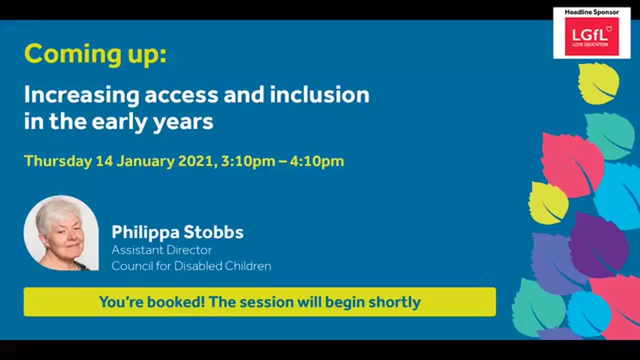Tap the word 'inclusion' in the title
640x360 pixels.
click(319, 94)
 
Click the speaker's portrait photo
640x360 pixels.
click(61, 233)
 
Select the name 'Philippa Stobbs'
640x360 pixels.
click(177, 232)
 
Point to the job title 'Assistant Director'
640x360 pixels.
click(161, 249)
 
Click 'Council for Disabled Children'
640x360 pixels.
click(191, 266)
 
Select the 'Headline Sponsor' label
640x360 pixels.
click(591, 12)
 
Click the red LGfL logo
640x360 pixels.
click(591, 36)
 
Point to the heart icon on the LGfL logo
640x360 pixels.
click(608, 29)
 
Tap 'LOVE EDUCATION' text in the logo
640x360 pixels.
click(590, 44)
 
